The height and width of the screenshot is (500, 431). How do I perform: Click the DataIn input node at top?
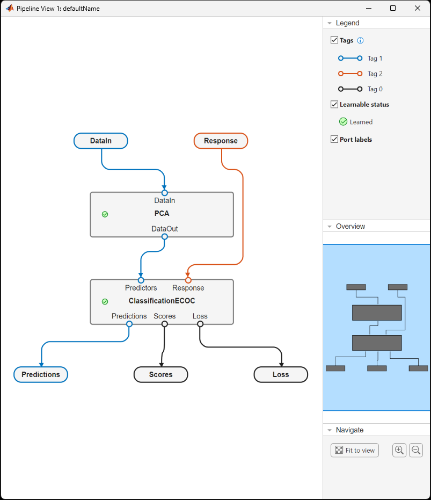pyautogui.click(x=101, y=141)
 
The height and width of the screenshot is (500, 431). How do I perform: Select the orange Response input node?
pyautogui.click(x=221, y=141)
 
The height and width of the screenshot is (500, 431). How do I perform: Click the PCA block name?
pyautogui.click(x=162, y=213)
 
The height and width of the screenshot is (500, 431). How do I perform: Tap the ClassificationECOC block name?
pyautogui.click(x=162, y=301)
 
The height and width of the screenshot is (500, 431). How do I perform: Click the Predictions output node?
pyautogui.click(x=41, y=374)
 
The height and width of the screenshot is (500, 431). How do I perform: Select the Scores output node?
pyautogui.click(x=160, y=374)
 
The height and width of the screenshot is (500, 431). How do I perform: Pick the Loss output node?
pyautogui.click(x=281, y=374)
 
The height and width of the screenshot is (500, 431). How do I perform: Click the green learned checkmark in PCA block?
pyautogui.click(x=105, y=214)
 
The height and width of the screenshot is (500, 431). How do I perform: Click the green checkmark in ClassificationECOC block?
pyautogui.click(x=105, y=302)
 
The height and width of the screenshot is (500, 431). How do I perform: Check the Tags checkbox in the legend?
pyautogui.click(x=334, y=40)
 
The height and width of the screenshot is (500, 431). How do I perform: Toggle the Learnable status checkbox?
pyautogui.click(x=334, y=104)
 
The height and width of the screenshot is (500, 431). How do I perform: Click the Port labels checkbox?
pyautogui.click(x=334, y=139)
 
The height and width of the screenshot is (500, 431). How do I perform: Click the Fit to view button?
pyautogui.click(x=355, y=450)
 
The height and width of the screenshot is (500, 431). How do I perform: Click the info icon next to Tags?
pyautogui.click(x=360, y=40)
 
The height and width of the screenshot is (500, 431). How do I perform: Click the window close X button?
pyautogui.click(x=418, y=8)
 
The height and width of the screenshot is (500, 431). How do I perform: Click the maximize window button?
pyautogui.click(x=393, y=8)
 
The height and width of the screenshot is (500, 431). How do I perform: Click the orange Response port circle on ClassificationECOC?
pyautogui.click(x=188, y=280)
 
